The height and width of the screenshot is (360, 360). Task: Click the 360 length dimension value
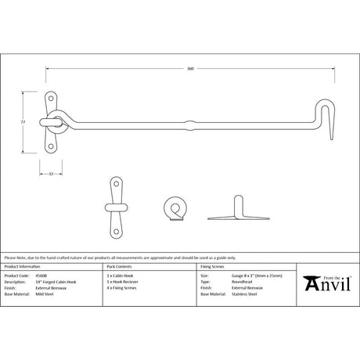190,68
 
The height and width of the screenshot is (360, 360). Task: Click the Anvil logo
321,285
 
